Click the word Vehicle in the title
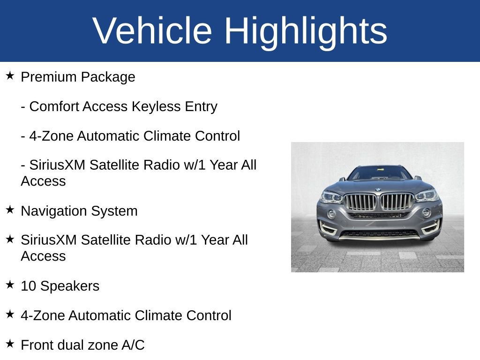(x=152, y=31)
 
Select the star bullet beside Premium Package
(x=10, y=75)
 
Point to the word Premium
(x=49, y=77)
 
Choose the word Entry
(x=201, y=107)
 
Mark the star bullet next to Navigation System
(x=10, y=210)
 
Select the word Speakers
(x=70, y=286)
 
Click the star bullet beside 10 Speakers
(x=10, y=285)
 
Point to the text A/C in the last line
(x=133, y=345)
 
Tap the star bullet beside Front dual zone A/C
(x=10, y=344)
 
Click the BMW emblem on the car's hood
(x=378, y=189)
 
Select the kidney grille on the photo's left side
(x=360, y=202)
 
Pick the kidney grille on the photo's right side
(x=396, y=202)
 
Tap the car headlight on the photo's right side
(x=426, y=195)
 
